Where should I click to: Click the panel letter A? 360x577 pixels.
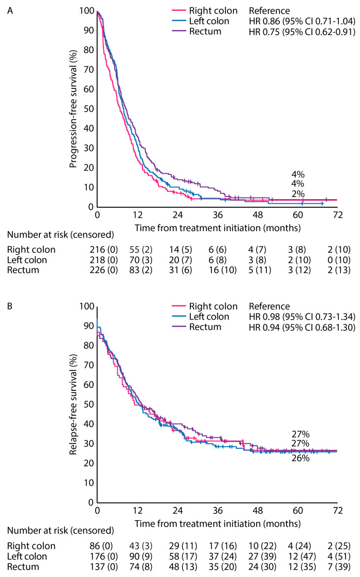(x=10, y=11)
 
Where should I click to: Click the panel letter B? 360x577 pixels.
(x=10, y=307)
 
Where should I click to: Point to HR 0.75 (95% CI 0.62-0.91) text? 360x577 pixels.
(x=302, y=32)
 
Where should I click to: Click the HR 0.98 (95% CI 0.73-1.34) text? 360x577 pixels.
(x=302, y=317)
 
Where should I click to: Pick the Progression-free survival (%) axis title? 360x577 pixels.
(x=73, y=109)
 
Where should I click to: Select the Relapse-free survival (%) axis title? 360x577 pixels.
(x=73, y=405)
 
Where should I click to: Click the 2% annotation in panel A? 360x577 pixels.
(x=298, y=194)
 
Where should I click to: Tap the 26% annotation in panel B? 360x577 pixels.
(x=301, y=458)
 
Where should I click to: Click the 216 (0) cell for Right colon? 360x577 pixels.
(x=104, y=250)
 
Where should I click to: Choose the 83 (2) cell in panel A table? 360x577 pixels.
(x=141, y=270)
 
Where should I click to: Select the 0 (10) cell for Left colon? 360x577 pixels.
(x=339, y=260)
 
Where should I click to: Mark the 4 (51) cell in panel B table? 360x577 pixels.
(x=339, y=556)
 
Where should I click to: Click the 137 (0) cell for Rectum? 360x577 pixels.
(x=104, y=567)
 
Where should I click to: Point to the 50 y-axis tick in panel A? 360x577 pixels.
(x=88, y=109)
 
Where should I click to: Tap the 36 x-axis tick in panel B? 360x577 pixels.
(x=218, y=510)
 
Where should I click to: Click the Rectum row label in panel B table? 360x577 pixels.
(x=23, y=567)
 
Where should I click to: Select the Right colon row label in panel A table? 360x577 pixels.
(x=31, y=250)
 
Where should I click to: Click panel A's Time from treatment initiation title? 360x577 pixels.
(x=218, y=228)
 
